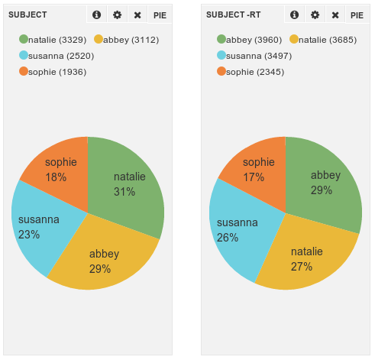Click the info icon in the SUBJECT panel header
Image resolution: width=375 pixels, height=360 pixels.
[96, 15]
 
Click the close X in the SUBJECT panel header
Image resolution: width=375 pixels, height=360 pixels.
[137, 15]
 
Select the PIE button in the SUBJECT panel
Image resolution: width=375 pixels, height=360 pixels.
[160, 15]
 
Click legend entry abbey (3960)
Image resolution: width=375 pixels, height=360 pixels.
[250, 39]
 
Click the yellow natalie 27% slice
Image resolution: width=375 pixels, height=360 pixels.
[305, 258]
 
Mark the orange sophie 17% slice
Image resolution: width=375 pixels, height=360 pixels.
[258, 168]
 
